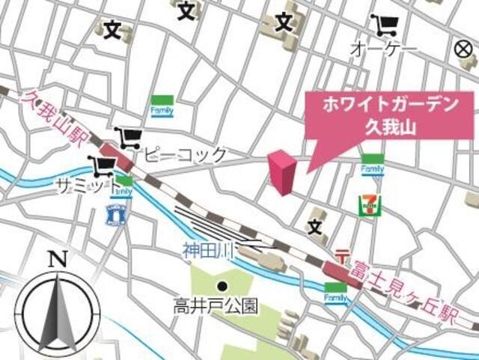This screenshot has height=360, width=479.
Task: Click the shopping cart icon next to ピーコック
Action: tap(129, 137)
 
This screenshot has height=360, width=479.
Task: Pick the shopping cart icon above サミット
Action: tap(100, 165)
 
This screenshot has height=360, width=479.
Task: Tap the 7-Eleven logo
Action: tap(369, 204)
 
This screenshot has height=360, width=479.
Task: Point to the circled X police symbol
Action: tap(464, 49)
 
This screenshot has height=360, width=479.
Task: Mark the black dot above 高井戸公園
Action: tap(222, 286)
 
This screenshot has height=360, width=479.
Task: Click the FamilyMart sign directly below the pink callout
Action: tap(372, 165)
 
